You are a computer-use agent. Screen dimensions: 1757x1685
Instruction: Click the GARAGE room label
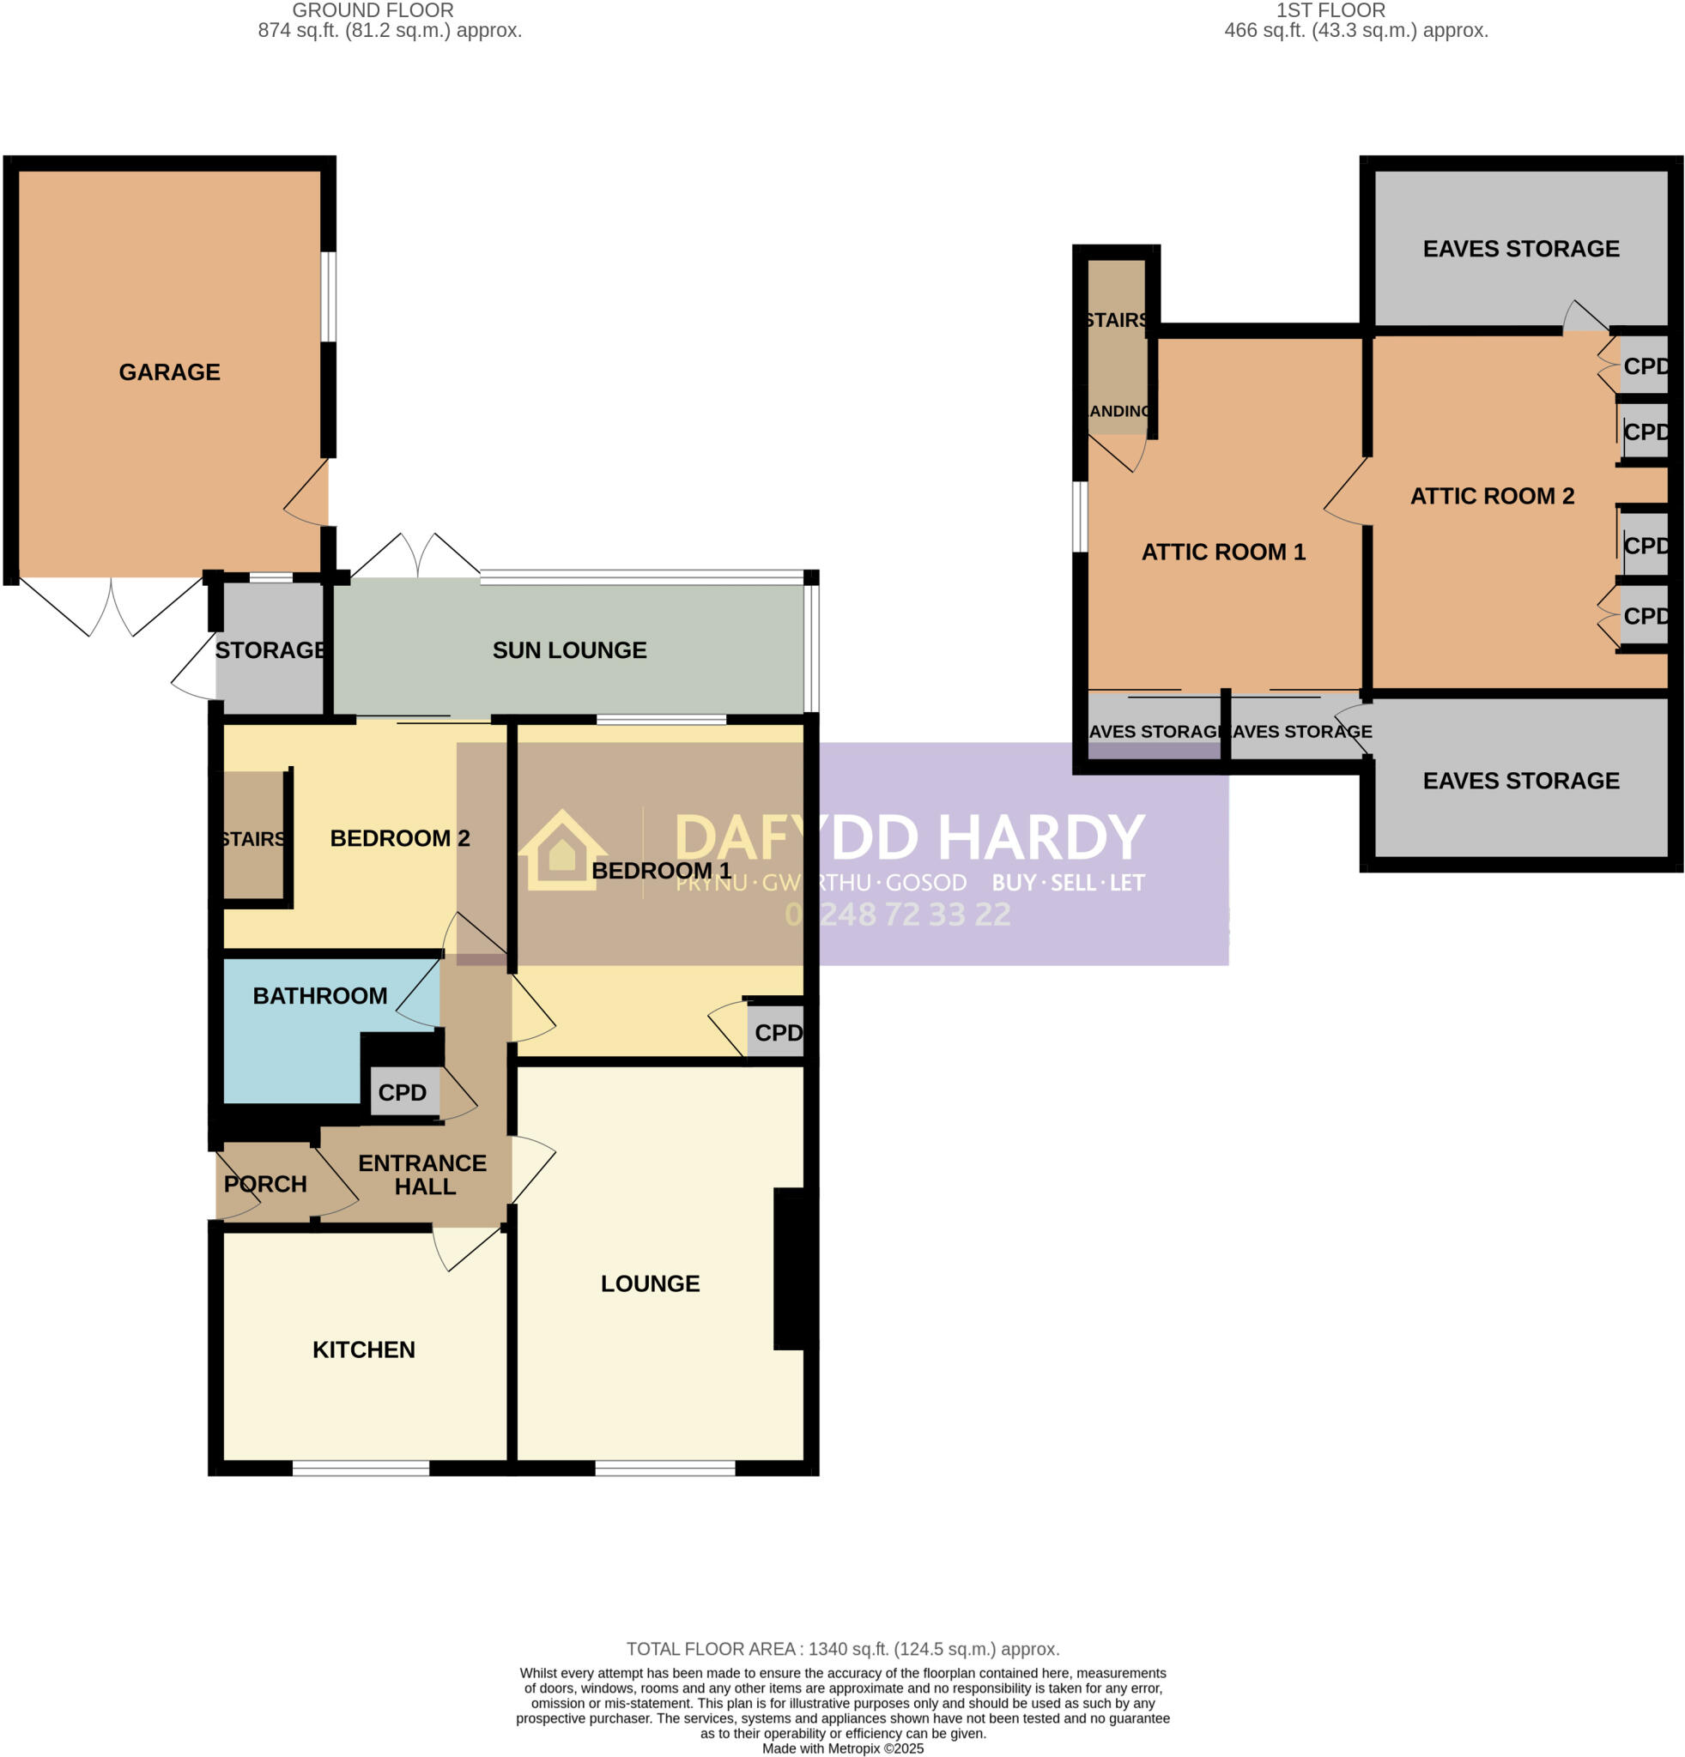click(169, 372)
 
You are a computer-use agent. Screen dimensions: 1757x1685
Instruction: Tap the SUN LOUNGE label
click(569, 650)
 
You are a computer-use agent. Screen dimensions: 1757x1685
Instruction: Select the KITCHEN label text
click(363, 1350)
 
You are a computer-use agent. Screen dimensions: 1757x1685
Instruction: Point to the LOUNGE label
click(650, 1283)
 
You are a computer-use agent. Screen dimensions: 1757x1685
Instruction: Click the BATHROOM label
click(319, 996)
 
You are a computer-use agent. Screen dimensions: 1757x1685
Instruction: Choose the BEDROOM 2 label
click(399, 838)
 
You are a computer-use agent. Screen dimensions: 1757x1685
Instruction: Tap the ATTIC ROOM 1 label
click(1223, 552)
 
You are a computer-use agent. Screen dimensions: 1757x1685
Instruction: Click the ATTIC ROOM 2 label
click(1492, 496)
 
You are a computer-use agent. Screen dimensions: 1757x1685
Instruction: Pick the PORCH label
click(264, 1184)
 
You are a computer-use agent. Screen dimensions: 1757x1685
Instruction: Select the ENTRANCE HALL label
click(422, 1174)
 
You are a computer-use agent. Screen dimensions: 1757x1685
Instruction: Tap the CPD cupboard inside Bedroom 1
click(777, 1033)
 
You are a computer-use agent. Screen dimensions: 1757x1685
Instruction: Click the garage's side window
click(329, 297)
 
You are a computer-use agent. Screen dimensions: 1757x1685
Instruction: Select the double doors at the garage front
click(112, 605)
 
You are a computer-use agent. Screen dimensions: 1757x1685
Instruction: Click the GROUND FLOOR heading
click(373, 11)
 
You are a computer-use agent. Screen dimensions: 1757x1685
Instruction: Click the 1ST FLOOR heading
click(1330, 11)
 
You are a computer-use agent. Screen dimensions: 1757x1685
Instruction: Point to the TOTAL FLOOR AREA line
click(842, 1649)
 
